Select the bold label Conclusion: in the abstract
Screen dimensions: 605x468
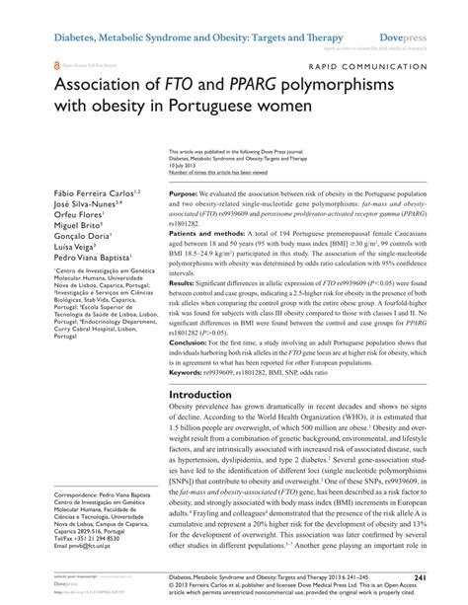coord(191,372)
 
